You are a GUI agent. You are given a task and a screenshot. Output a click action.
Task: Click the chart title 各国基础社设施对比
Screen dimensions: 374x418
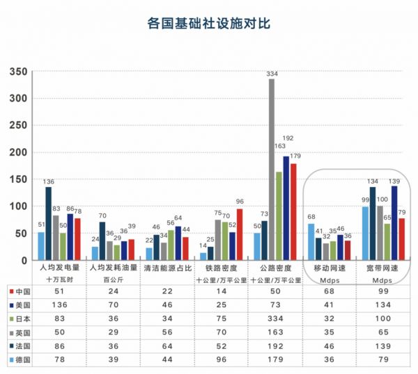(x=209, y=23)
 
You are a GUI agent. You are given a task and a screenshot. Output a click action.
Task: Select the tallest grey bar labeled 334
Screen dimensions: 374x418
(x=272, y=170)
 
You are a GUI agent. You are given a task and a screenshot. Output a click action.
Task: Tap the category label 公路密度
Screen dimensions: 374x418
(x=275, y=267)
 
